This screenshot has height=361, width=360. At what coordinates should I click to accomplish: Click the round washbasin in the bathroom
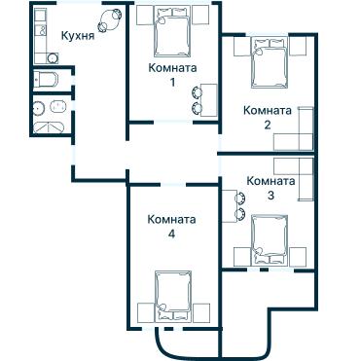(x=40, y=108)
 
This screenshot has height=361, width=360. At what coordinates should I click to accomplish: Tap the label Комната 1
(x=173, y=75)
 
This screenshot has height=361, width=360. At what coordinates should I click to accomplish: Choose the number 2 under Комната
(x=266, y=125)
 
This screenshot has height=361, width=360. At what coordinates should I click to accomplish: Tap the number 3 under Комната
(x=270, y=195)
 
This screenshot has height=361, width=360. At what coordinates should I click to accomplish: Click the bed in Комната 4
(x=174, y=296)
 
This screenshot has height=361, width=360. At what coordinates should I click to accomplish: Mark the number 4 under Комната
(x=171, y=234)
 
